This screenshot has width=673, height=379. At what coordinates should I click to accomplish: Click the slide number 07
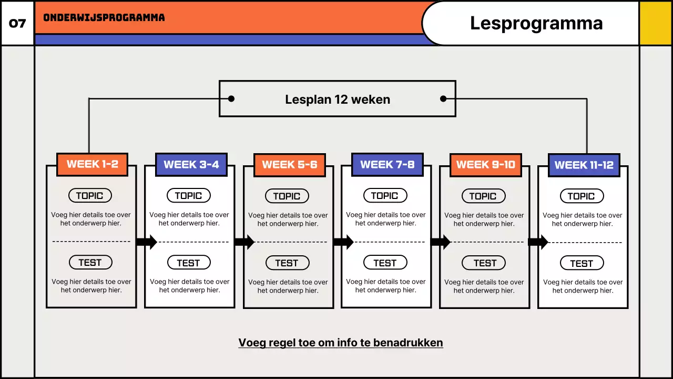[17, 24]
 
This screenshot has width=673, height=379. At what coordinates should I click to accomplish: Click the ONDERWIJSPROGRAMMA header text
[104, 17]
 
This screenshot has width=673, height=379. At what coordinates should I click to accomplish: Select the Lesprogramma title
[536, 23]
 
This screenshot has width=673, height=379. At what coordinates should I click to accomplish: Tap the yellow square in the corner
[656, 23]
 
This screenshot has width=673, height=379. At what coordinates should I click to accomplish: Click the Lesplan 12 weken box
[337, 99]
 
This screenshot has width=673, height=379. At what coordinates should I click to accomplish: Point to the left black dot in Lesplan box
[231, 98]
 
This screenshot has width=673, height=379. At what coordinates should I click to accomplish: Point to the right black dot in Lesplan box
[443, 98]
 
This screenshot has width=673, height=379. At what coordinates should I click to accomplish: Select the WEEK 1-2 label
[92, 164]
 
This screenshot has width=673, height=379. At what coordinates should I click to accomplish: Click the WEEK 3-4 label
[191, 165]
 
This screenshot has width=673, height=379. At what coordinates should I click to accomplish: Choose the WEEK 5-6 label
[289, 165]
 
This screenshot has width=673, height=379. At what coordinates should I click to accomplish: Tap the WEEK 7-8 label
[388, 165]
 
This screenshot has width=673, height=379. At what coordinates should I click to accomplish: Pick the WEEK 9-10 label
[486, 165]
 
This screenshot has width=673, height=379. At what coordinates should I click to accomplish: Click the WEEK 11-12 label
[584, 165]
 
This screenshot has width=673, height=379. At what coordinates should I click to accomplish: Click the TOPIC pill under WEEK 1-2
[90, 196]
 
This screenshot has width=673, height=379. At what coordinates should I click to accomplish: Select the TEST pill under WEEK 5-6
[287, 263]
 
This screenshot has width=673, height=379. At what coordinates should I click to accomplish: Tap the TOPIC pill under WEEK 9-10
[483, 196]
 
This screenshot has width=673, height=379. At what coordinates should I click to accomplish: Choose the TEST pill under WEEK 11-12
[582, 263]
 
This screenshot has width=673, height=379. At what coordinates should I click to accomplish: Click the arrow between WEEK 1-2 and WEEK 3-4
[146, 242]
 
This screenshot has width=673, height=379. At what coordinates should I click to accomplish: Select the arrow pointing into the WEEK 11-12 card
[538, 242]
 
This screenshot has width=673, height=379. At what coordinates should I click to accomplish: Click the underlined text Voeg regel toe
[341, 343]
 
